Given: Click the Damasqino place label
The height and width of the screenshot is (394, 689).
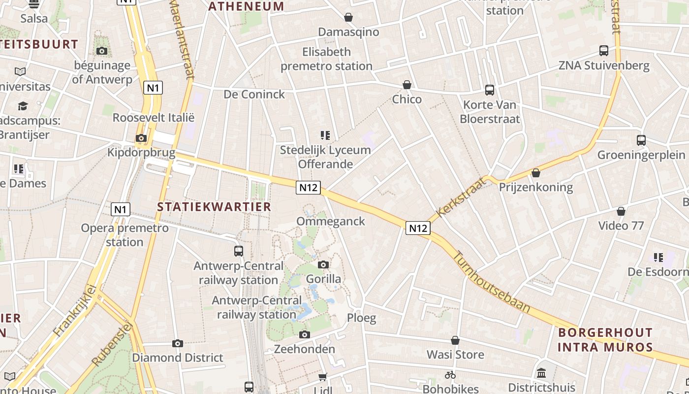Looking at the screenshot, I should [x=348, y=32].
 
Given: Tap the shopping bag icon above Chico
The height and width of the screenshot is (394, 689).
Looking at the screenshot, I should [x=407, y=85].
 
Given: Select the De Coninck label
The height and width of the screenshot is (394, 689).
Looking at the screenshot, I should [x=254, y=94].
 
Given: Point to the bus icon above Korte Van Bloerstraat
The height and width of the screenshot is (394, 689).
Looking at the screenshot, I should [x=490, y=90].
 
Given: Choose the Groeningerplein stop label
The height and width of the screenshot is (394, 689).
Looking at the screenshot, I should [x=641, y=155].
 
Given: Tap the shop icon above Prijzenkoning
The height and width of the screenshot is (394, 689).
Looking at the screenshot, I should [x=536, y=173].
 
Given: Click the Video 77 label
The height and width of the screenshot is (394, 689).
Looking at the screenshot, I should [x=621, y=226].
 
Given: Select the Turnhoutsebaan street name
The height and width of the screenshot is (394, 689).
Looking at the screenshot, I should [x=491, y=282].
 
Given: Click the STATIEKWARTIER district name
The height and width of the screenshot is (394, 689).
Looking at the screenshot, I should [x=214, y=207].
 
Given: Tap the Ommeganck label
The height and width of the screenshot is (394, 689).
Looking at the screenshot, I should [x=331, y=221].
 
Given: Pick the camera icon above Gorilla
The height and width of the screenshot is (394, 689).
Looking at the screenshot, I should [x=323, y=265].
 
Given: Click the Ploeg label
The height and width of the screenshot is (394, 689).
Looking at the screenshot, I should [x=362, y=318].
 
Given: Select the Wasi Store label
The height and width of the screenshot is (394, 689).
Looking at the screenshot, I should [x=455, y=355].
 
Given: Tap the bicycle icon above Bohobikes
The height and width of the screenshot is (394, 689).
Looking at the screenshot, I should [x=450, y=375].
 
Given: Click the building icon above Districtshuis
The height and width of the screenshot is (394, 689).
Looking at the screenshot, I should [x=541, y=373].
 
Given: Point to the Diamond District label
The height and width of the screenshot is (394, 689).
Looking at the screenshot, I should [x=178, y=358].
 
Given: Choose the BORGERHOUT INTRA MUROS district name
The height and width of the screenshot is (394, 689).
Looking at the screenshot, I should [x=605, y=340].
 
